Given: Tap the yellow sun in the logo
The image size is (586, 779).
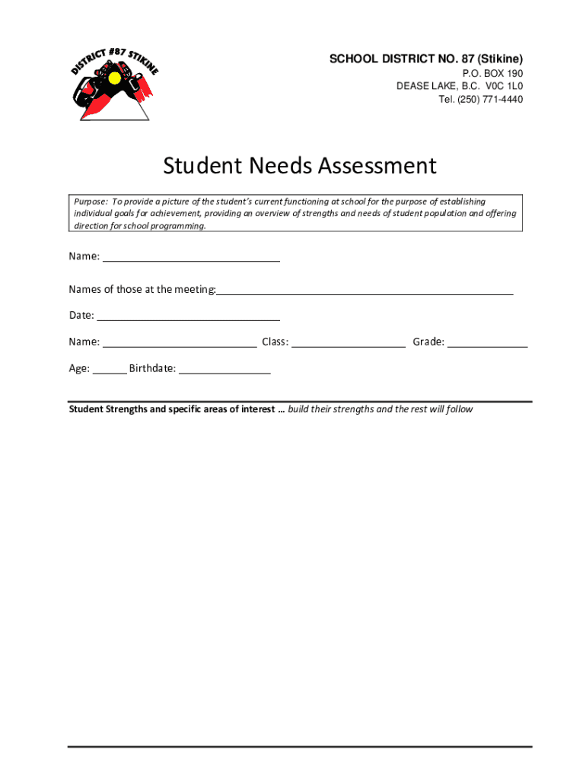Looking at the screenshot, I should coord(115,78).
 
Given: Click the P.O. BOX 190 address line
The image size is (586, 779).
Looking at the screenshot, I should coord(492,73).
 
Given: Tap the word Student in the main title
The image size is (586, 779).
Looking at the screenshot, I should coord(199,165).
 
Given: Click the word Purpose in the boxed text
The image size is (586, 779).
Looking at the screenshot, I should coord(91,202).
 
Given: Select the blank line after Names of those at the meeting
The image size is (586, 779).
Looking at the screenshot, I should coord(365,292).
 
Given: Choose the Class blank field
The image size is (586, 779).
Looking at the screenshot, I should coord(348,345).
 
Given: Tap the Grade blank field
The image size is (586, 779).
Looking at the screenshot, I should coord(487,345).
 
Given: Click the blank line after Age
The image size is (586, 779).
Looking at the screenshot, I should coord(110,372).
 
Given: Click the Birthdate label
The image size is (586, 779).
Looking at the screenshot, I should coord(152,369).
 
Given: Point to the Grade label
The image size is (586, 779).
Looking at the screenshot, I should coord(428,342).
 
